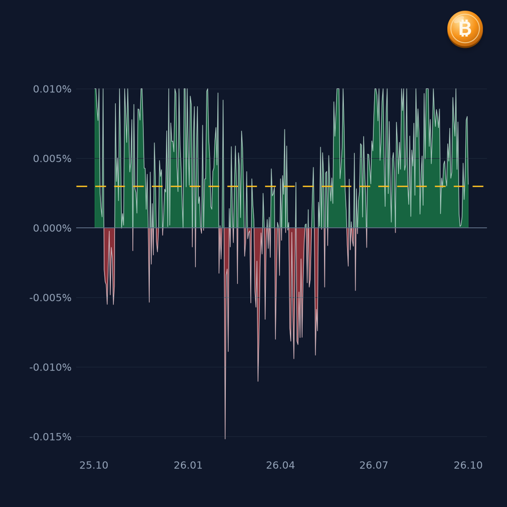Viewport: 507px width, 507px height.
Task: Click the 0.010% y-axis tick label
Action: click(x=52, y=89)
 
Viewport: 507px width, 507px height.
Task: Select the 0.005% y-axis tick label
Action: click(x=52, y=159)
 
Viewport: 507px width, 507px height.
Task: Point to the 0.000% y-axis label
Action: click(x=52, y=228)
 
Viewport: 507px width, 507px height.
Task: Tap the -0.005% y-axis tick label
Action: click(x=50, y=298)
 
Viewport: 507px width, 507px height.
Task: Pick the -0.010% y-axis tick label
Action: click(x=50, y=367)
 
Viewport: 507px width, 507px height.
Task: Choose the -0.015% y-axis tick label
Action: click(x=50, y=437)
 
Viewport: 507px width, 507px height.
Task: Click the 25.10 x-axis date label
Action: click(x=94, y=465)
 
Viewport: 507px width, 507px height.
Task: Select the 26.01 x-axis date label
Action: click(x=188, y=465)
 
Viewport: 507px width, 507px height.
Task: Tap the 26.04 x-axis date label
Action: click(x=280, y=465)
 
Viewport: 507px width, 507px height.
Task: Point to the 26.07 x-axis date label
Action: click(x=374, y=465)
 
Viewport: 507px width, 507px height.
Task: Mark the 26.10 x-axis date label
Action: click(x=468, y=465)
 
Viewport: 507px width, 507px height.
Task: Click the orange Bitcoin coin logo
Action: click(x=465, y=29)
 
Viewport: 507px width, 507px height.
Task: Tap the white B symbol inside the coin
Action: click(x=465, y=28)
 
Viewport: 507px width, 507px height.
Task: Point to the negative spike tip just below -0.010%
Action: click(x=258, y=381)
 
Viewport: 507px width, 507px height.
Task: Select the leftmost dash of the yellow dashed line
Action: click(x=81, y=186)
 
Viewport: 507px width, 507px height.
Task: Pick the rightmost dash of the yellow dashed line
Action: click(x=478, y=186)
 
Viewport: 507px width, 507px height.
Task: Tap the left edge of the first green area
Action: click(x=95, y=158)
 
